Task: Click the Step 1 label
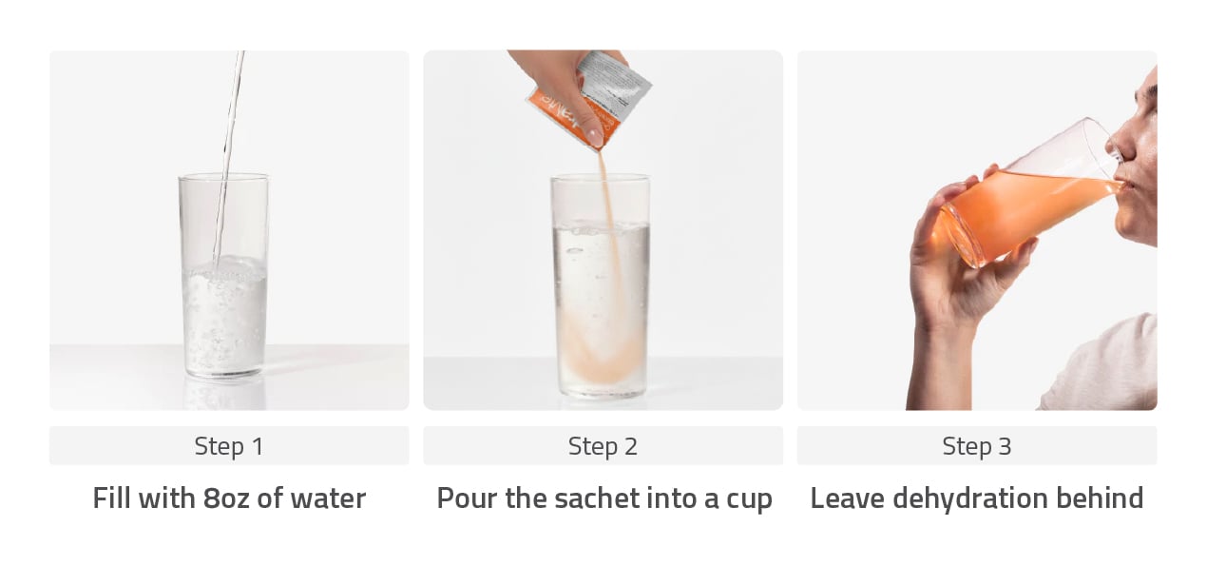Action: pos(229,446)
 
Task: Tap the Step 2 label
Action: pos(603,446)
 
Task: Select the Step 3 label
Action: pos(977,446)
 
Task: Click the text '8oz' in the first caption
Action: pos(227,498)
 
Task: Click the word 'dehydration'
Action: pos(970,498)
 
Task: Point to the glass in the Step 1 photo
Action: pos(223,275)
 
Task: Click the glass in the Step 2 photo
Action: pos(601,286)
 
